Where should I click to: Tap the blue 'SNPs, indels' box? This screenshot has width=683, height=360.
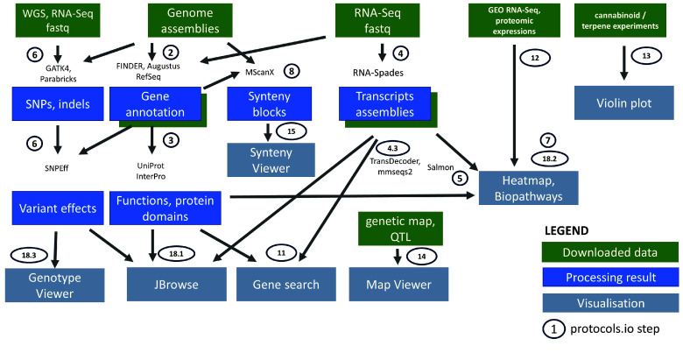click(55, 102)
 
